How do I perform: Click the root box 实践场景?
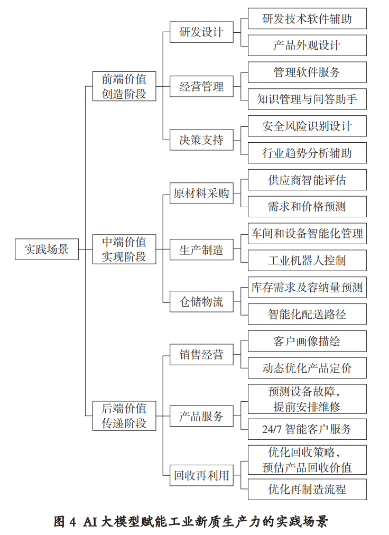tap(47, 248)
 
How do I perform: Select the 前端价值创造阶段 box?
tap(124, 86)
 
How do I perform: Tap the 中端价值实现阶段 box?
tap(124, 249)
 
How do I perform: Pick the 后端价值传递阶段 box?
tap(124, 416)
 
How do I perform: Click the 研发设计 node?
tap(201, 32)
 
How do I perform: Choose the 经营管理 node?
tap(201, 86)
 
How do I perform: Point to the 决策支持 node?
tap(201, 140)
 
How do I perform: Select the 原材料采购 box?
tap(201, 193)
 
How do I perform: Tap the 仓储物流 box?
tap(201, 302)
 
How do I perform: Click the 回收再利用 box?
tap(201, 475)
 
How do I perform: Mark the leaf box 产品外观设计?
tap(307, 45)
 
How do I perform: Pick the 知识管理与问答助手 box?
tap(307, 99)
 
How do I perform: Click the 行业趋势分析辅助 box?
tap(307, 153)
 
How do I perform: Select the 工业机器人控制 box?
tap(307, 261)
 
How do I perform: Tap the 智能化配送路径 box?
tap(307, 315)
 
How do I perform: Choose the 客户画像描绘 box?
tap(307, 341)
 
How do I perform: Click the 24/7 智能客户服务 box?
tap(307, 429)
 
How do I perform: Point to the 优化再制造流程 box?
tap(307, 489)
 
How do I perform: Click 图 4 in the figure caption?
tap(66, 521)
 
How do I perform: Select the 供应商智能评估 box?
tap(307, 180)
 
